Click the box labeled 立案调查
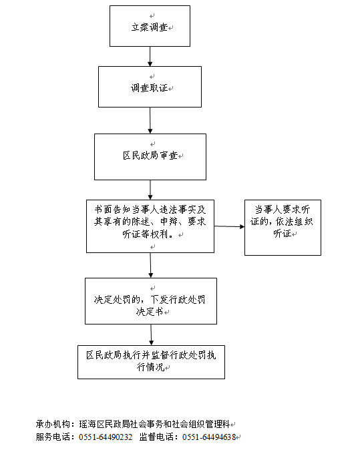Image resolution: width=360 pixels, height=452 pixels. tap(150, 26)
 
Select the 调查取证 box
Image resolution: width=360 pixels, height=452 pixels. tap(150, 87)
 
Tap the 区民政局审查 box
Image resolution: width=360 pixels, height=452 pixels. tap(150, 157)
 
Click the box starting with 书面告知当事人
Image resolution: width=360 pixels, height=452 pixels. tap(150, 226)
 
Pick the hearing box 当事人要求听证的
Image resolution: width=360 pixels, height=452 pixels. tap(283, 228)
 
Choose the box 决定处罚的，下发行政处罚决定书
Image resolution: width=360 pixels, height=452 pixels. tap(151, 301)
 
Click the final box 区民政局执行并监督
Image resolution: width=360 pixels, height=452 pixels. tap(151, 362)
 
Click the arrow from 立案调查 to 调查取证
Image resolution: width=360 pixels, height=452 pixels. tap(150, 57)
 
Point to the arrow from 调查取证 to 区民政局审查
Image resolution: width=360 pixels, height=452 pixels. tap(150, 120)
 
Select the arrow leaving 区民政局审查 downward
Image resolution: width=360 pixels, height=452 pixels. tap(150, 190)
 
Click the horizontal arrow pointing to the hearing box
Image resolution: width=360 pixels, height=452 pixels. tap(229, 226)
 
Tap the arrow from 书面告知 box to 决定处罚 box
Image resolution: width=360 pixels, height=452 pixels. tap(150, 266)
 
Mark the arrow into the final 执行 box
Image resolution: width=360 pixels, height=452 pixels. tap(151, 335)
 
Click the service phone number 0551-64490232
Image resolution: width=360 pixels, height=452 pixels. tap(106, 437)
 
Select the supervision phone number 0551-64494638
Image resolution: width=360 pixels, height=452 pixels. tap(209, 437)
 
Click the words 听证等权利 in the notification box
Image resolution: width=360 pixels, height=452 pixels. tap(145, 234)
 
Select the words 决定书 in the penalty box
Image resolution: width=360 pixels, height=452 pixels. tap(150, 312)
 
